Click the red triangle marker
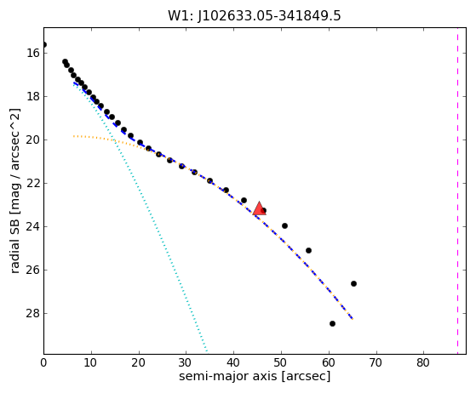(x=259, y=208)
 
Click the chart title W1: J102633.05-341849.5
(x=255, y=16)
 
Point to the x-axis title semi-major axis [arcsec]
(x=255, y=376)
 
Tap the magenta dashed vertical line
(x=457, y=191)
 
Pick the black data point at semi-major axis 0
(x=44, y=45)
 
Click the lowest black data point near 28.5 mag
(x=332, y=323)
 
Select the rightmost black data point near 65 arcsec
(x=353, y=284)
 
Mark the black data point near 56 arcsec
(x=308, y=250)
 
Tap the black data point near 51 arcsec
(x=284, y=225)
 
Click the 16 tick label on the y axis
(x=33, y=53)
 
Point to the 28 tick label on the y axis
(x=33, y=313)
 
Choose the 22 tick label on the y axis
(x=33, y=183)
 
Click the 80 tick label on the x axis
(x=423, y=362)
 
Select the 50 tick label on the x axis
(x=281, y=362)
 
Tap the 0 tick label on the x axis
(x=43, y=362)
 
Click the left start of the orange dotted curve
(x=74, y=136)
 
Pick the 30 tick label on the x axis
(x=186, y=362)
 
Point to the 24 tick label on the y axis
(x=33, y=226)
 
